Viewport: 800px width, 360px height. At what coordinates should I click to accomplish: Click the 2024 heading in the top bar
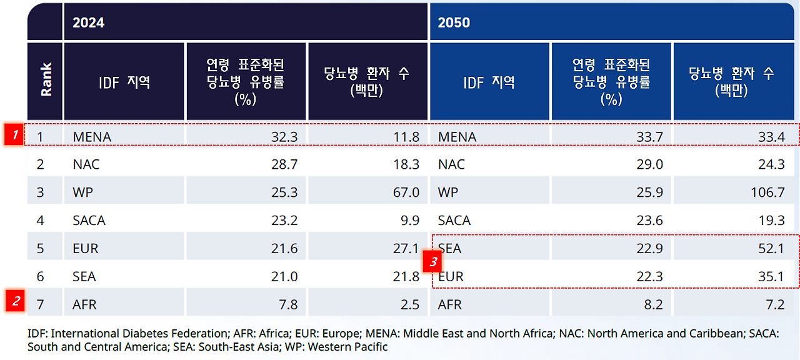[x=88, y=22]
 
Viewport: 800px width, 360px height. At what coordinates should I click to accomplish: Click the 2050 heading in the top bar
[x=454, y=22]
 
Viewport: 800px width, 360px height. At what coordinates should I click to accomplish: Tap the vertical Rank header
[x=46, y=80]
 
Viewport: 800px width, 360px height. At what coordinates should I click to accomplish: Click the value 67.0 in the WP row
[x=406, y=192]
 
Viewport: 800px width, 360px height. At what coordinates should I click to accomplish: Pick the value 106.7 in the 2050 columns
[x=767, y=192]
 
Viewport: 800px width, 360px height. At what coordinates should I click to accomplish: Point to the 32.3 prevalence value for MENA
[x=285, y=137]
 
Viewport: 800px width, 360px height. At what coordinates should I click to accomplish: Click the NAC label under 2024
[x=86, y=164]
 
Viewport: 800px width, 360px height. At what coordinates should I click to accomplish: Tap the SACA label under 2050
[x=455, y=221]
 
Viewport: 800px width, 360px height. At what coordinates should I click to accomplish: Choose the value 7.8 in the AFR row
[x=288, y=305]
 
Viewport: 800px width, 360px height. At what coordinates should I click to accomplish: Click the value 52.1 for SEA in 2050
[x=771, y=249]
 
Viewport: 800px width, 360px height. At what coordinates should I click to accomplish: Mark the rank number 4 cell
[x=41, y=221]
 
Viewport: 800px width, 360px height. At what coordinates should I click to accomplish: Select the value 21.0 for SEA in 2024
[x=285, y=277]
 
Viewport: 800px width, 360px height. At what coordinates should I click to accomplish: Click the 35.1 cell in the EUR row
[x=771, y=277]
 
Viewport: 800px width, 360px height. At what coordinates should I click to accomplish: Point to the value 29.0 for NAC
[x=650, y=164]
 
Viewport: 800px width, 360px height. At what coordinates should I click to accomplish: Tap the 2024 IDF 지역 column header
[x=124, y=82]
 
